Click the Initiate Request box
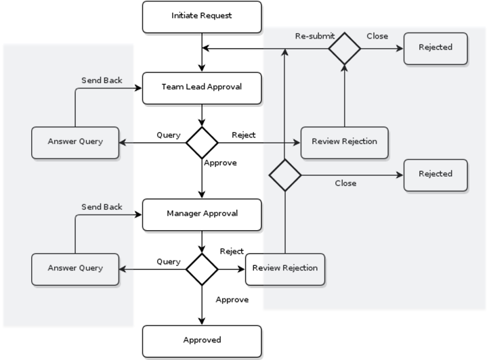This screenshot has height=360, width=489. pos(202,16)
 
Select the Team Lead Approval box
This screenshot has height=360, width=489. pos(202,87)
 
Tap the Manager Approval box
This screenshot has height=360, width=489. pos(202,214)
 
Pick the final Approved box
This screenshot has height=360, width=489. pos(202,340)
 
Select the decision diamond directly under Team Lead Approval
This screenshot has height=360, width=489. pos(202,143)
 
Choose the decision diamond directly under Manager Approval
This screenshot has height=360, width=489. pos(202,269)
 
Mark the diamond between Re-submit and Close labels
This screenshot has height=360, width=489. pos(345,48)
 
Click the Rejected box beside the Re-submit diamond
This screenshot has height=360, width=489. pos(435,48)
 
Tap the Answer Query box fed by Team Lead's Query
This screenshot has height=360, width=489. pos(75,143)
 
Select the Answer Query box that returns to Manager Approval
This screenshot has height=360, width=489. pos(75,269)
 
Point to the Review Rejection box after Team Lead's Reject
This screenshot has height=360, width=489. pos(344,142)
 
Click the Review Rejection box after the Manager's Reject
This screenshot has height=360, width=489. pos(284,269)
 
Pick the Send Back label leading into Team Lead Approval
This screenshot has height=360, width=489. pos(102,81)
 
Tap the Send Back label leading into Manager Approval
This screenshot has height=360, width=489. pos(102,207)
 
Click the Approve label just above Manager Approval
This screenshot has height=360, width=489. pos(220,163)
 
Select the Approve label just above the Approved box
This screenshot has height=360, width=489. pos(232,300)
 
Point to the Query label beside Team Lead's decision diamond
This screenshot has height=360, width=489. pos(169,135)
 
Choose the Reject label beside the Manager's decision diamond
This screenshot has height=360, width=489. pos(232,252)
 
